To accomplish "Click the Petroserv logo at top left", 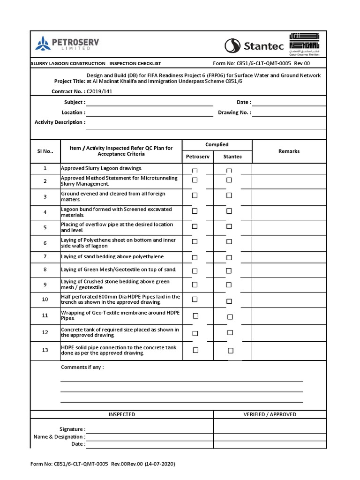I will [67, 45].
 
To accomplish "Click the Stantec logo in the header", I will [253, 45].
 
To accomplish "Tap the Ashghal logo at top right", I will [304, 45].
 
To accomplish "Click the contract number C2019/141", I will [100, 91].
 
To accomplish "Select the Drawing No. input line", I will [289, 113].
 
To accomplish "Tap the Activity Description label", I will [60, 122].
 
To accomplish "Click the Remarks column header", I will [289, 151].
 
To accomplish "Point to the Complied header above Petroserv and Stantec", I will [217, 145].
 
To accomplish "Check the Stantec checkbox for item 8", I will [229, 270].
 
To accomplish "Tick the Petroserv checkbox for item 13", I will [196, 350].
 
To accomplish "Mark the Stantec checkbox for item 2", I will [229, 180].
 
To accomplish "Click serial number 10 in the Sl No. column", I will [45, 299].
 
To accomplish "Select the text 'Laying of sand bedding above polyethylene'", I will [112, 257].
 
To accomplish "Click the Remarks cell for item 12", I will [289, 332].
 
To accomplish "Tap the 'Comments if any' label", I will [82, 367].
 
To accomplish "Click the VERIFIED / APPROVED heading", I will [270, 414].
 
